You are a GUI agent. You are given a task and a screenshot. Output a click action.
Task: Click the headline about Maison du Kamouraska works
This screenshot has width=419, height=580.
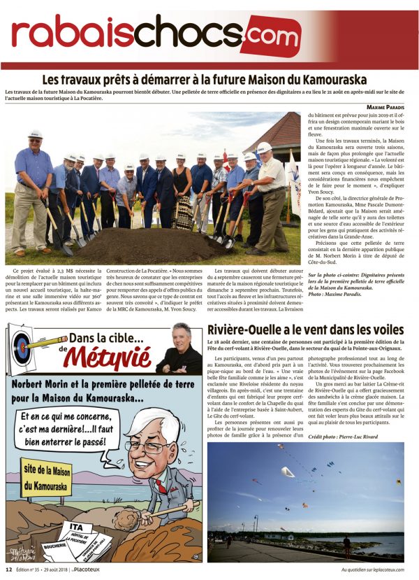[205, 80]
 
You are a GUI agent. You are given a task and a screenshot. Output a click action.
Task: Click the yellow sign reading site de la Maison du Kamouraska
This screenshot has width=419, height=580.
[46, 476]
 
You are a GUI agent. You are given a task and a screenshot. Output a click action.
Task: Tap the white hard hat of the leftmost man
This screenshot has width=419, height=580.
[35, 134]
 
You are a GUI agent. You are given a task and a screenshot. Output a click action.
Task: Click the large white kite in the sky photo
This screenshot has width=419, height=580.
[288, 472]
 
